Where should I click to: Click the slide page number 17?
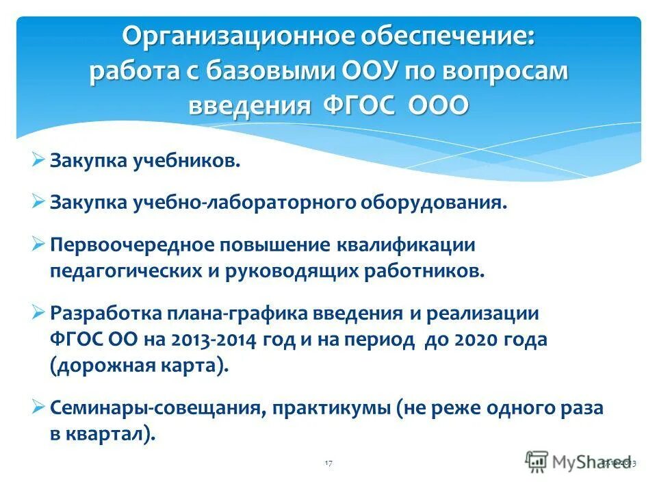(x=328, y=464)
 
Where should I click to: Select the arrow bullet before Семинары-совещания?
(x=38, y=407)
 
